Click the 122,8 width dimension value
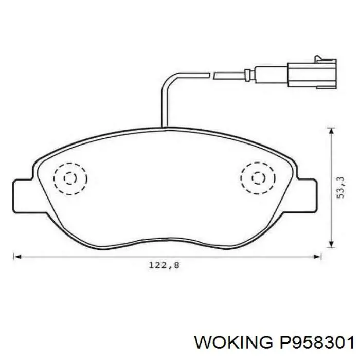coord(164,266)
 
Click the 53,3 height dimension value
coord(340,188)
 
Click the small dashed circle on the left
coord(70,178)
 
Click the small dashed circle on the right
coord(258,178)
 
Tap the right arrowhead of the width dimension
coord(317,257)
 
